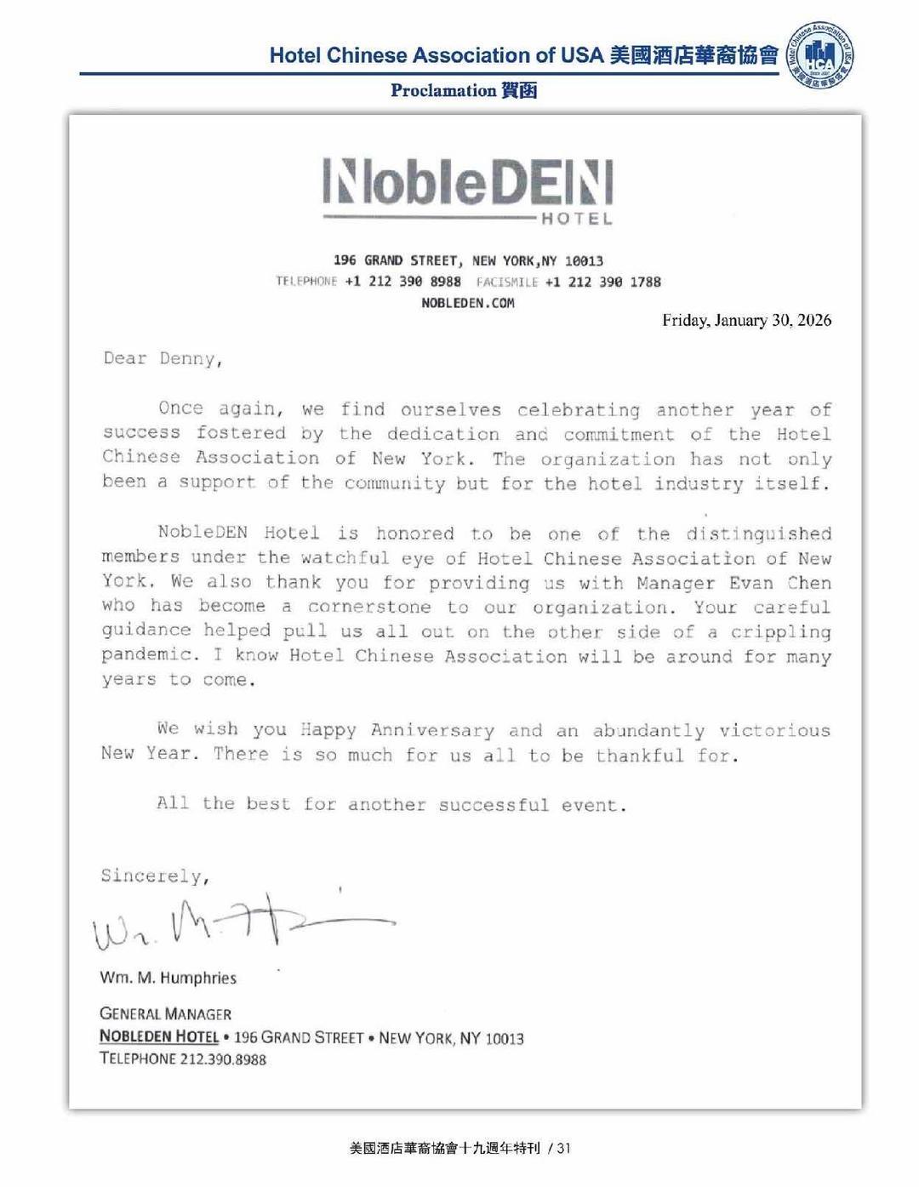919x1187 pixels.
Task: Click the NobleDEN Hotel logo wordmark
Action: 468,182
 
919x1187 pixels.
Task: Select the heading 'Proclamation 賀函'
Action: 464,90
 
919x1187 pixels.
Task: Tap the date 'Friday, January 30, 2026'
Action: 746,321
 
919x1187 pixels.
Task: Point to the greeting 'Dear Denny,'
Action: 163,358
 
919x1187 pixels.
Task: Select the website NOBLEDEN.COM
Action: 468,303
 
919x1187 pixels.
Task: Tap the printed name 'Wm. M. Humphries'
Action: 168,978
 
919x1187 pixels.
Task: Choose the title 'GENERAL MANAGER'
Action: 165,1013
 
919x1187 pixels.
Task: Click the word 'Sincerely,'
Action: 155,876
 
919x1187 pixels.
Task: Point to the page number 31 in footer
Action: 563,1148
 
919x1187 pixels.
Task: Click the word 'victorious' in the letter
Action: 774,730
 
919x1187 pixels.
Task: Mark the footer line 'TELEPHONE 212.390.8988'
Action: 183,1059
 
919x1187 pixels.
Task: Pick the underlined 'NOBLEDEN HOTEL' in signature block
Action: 159,1036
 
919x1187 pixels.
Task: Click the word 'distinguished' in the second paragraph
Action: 758,534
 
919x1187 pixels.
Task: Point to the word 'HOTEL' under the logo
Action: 577,219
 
